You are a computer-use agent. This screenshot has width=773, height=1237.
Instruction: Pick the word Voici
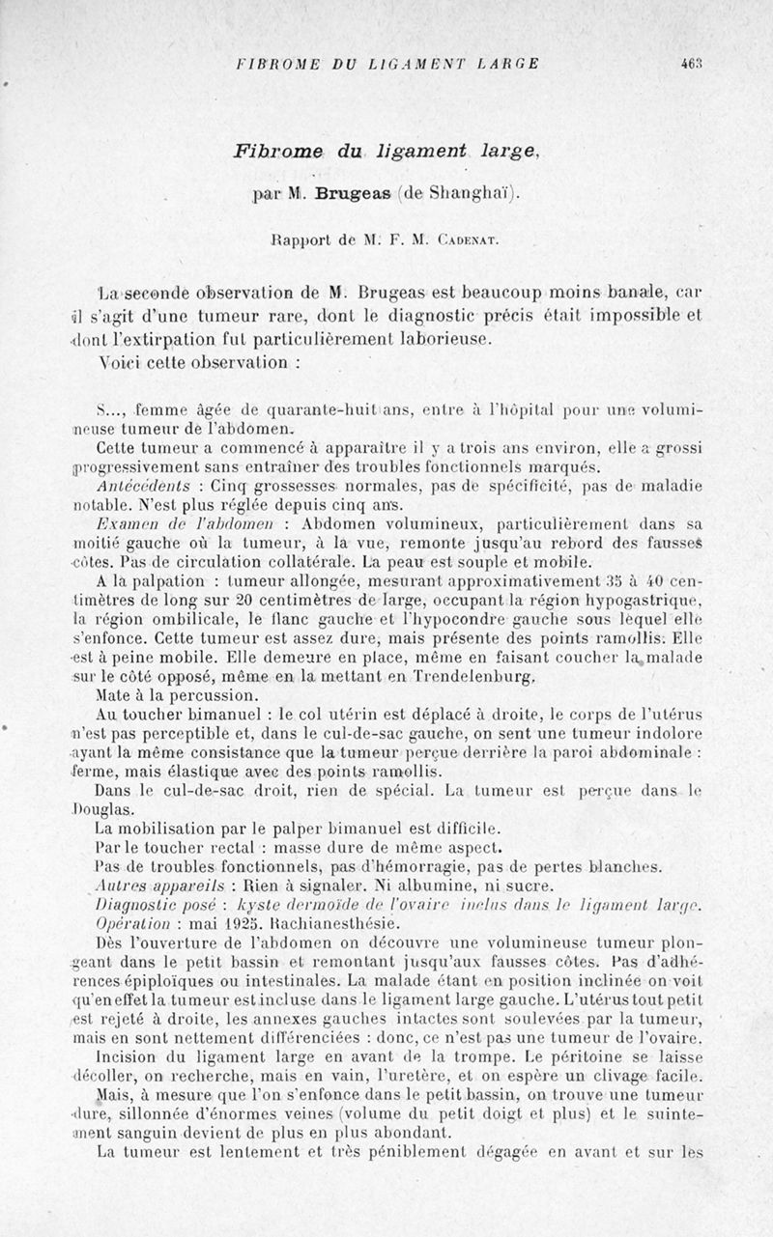click(120, 363)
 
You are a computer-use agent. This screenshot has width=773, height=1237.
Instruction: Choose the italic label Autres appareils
click(156, 883)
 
